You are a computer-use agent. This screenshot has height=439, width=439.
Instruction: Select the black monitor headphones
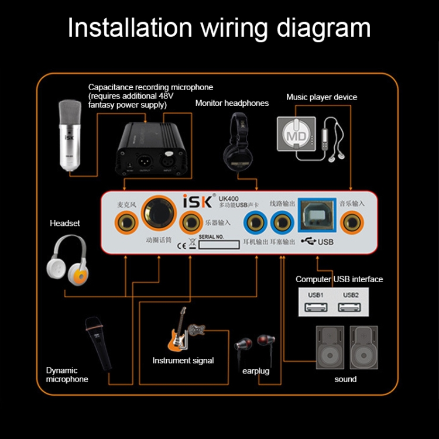point(239,140)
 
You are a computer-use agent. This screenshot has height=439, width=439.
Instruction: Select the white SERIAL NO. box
point(219,244)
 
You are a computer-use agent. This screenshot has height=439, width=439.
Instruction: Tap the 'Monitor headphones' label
point(232,103)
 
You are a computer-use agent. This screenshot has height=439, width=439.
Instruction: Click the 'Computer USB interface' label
point(339,279)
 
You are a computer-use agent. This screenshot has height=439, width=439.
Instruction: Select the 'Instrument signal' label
point(183,361)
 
